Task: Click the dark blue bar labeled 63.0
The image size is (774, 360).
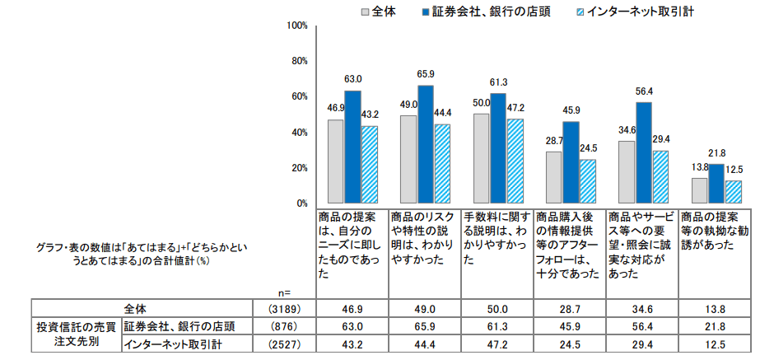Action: [352, 147]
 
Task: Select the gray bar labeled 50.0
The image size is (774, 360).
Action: [481, 158]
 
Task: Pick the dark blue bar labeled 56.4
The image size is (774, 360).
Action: [644, 152]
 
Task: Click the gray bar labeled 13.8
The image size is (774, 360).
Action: [699, 190]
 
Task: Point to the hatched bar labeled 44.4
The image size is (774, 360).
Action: [442, 163]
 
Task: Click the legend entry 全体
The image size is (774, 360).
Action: [377, 12]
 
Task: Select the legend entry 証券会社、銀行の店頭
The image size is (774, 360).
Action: [484, 12]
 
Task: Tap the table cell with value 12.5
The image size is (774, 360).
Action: [715, 343]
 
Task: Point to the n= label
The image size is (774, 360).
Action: [285, 291]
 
